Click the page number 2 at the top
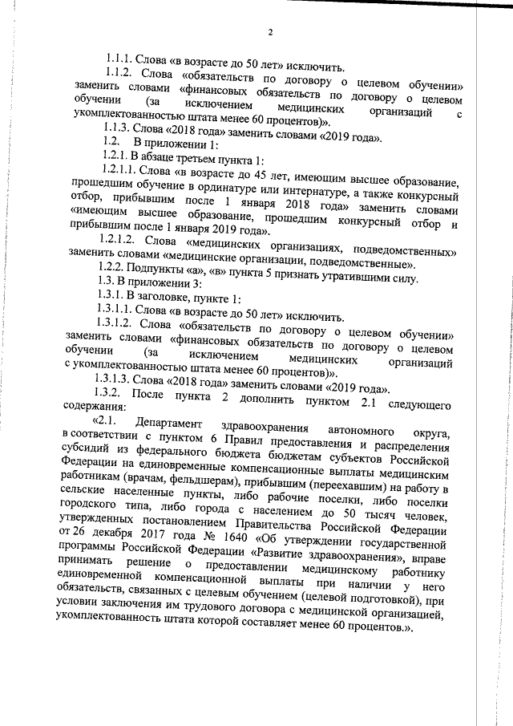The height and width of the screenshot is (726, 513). pos(270,32)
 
